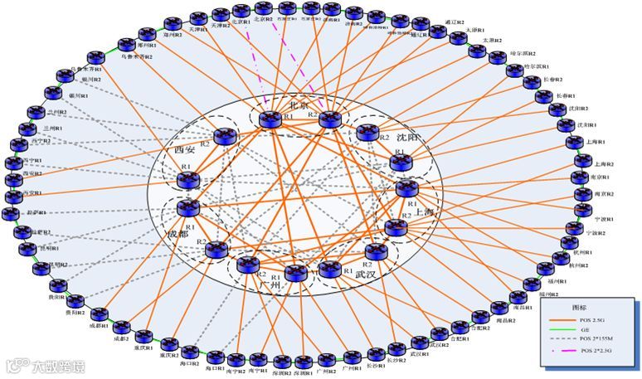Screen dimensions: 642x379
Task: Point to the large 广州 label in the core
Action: point(270,284)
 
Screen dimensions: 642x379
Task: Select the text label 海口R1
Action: point(215,367)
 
